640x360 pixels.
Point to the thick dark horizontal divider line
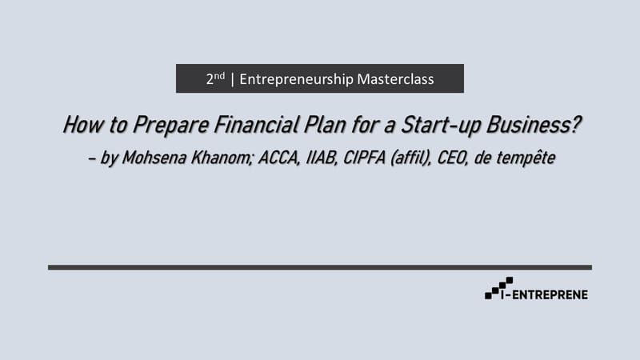coord(320,267)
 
